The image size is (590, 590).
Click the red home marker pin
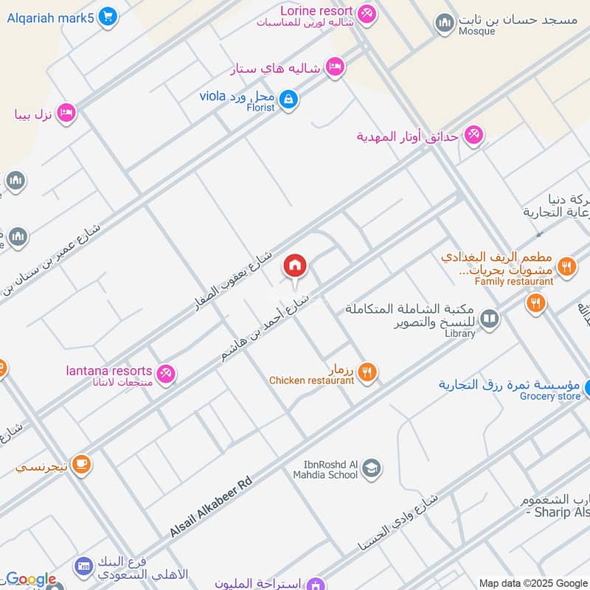295,266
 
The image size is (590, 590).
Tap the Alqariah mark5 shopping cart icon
108,15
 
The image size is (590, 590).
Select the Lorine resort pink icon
366,13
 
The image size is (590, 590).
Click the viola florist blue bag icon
288,99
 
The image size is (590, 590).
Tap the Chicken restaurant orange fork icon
367,372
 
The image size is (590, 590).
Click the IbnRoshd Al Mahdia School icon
371,468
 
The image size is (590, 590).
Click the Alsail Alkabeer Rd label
212,507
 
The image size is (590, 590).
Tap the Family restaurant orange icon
566,266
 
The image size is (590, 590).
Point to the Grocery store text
549,397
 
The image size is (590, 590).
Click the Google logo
30,580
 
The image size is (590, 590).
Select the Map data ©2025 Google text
533,583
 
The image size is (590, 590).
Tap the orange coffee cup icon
81,464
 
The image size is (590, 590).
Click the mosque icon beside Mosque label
444,24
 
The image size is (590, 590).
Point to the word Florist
260,108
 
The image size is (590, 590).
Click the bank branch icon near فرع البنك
83,566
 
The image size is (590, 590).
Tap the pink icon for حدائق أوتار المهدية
473,135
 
